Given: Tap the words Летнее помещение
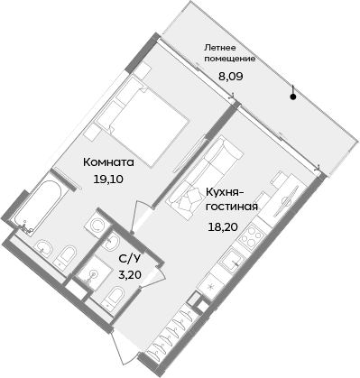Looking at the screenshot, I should click(x=229, y=51).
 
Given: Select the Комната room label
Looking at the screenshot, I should click(x=108, y=163).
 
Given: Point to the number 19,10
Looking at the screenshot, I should click(x=108, y=180).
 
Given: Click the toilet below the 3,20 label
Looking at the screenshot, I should click(x=115, y=300).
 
